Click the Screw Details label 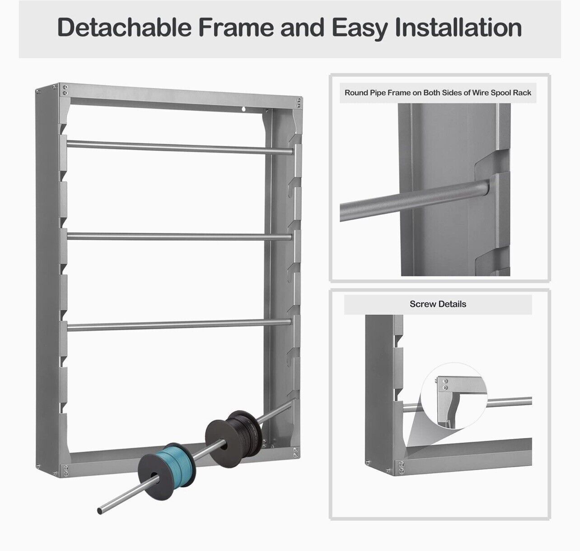coord(438,304)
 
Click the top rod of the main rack coord(181,147)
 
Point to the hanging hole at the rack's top coord(243,109)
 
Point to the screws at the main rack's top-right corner coord(298,102)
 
